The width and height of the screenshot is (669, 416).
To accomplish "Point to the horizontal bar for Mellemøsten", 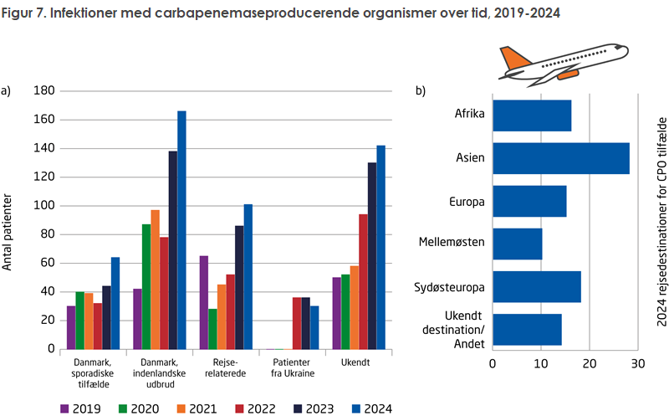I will click(x=517, y=244).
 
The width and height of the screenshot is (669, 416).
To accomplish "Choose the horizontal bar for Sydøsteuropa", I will click(x=536, y=286).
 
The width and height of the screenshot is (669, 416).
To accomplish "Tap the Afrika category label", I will click(x=471, y=115).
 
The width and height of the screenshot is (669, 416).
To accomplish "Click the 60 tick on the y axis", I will click(x=47, y=263).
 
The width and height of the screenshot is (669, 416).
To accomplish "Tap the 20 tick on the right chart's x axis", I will click(x=590, y=364).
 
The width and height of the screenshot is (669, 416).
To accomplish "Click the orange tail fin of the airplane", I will click(x=514, y=59).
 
